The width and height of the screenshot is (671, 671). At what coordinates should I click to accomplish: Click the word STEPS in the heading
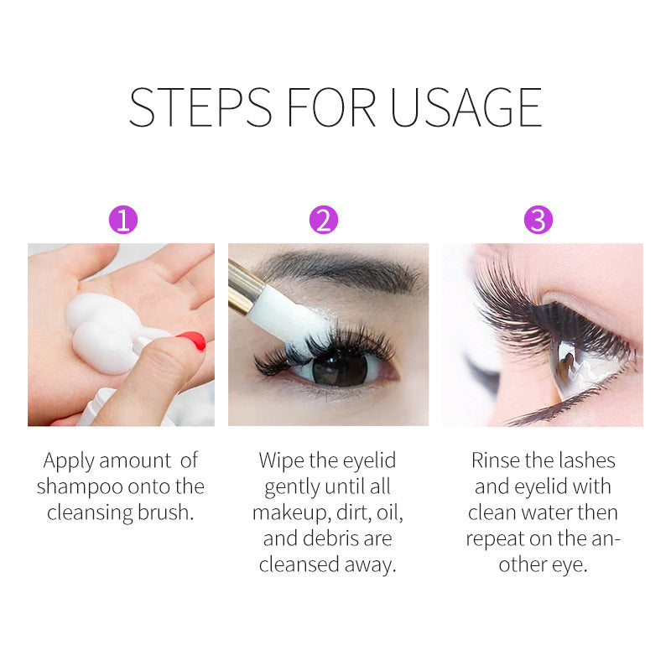tap(200, 107)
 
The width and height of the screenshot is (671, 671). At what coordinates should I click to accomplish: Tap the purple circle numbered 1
tap(123, 221)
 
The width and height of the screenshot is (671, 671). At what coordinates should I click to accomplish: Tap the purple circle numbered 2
tap(323, 221)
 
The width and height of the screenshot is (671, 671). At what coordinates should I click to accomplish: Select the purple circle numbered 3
tap(538, 221)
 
